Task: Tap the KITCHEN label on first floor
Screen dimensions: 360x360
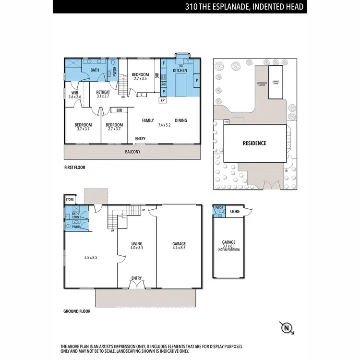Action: pyautogui.click(x=180, y=71)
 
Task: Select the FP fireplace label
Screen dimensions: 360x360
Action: pyautogui.click(x=163, y=100)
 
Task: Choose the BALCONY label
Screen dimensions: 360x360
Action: pyautogui.click(x=132, y=152)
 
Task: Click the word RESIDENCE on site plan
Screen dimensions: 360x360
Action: pyautogui.click(x=254, y=143)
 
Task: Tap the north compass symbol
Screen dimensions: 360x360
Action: pyautogui.click(x=287, y=328)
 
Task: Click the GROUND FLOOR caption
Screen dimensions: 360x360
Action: pyautogui.click(x=77, y=311)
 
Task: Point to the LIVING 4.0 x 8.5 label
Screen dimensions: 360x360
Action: pyautogui.click(x=137, y=246)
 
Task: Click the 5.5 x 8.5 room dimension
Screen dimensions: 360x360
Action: pyautogui.click(x=90, y=257)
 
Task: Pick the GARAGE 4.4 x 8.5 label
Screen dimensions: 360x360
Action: pyautogui.click(x=179, y=246)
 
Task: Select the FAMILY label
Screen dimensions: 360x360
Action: pyautogui.click(x=148, y=120)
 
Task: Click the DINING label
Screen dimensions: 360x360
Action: pyautogui.click(x=180, y=120)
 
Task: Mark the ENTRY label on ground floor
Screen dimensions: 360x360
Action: pyautogui.click(x=137, y=277)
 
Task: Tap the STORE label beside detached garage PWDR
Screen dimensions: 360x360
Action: pyautogui.click(x=235, y=211)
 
